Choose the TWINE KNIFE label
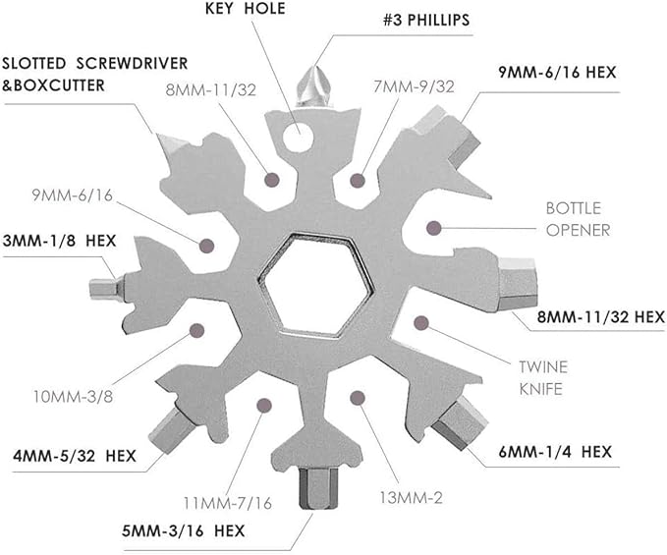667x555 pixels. coord(543,378)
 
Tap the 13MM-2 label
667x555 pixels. coord(410,498)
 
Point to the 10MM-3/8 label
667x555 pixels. coord(71,400)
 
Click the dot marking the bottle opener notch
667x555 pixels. coord(433,228)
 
